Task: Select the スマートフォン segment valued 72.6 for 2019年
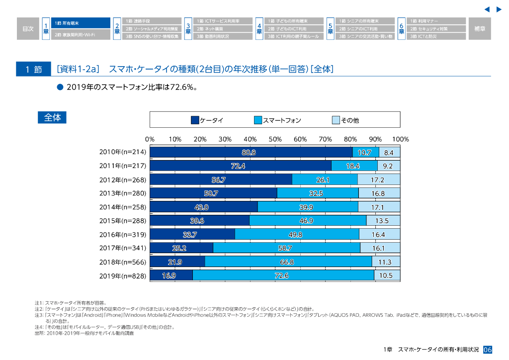click(283, 275)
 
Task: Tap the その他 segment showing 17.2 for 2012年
click(378, 180)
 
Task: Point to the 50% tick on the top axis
click(275, 140)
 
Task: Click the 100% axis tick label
click(400, 140)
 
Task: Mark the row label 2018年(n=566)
click(123, 262)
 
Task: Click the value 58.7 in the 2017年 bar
click(285, 248)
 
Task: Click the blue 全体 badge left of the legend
click(52, 118)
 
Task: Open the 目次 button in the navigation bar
click(28, 29)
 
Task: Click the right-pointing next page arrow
click(499, 9)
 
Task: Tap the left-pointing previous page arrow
click(487, 9)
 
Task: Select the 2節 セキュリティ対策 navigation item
click(436, 29)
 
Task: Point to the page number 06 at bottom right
click(487, 350)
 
